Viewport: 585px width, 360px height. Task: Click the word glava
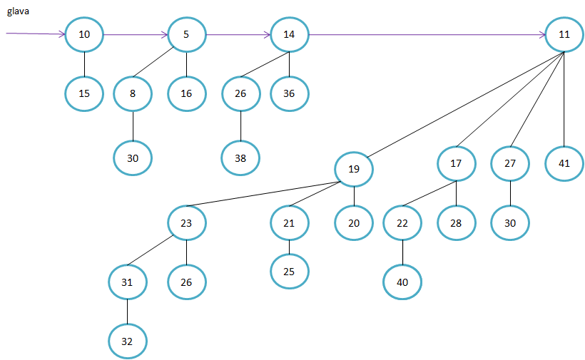tap(18, 12)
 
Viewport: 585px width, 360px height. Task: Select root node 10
tap(84, 34)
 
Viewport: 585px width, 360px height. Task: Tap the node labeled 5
tap(186, 34)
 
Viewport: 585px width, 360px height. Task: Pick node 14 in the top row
tap(289, 34)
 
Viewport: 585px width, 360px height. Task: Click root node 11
tap(564, 34)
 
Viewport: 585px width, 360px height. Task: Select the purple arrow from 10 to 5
tap(136, 34)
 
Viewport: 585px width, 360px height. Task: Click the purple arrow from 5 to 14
tap(238, 34)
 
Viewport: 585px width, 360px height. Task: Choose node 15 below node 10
tap(84, 93)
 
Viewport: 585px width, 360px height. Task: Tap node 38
tap(240, 158)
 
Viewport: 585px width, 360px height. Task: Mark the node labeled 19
tap(355, 169)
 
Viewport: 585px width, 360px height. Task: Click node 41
tap(564, 163)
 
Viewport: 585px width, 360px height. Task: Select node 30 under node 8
tap(133, 158)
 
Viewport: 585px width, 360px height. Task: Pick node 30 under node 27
tap(510, 223)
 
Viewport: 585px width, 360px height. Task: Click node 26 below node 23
tap(186, 282)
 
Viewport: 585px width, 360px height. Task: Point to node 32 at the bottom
tap(127, 341)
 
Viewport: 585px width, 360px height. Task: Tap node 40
tap(402, 282)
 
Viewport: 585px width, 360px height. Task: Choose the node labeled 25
tap(289, 271)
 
